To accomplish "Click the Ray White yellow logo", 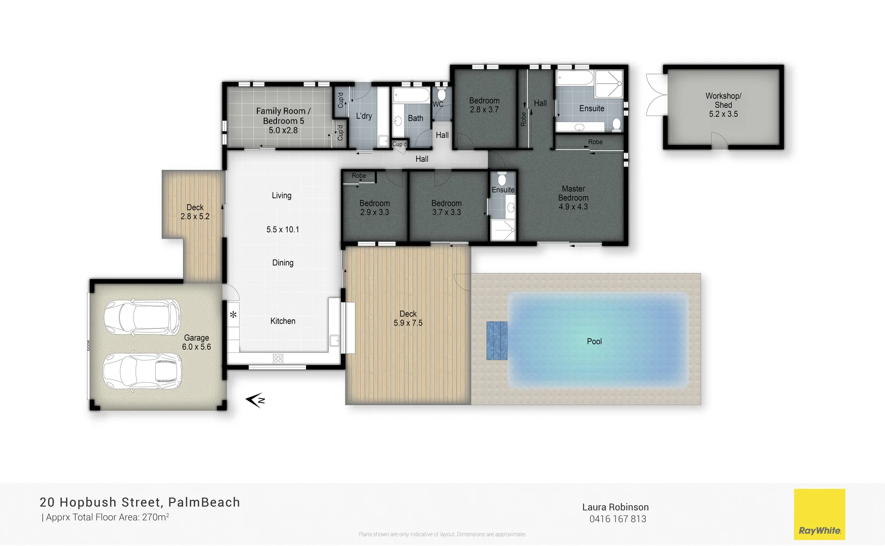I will coord(819,514).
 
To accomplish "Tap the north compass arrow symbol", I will coord(255,400).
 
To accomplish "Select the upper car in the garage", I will coord(142,317).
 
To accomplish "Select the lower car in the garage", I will coord(142,371).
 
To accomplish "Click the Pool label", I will coord(594,341).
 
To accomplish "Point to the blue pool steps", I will coord(497,340).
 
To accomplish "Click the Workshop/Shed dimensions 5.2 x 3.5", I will coord(723,114).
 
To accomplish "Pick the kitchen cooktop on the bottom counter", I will coord(278,358).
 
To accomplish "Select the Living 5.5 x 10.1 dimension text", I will coord(283,230).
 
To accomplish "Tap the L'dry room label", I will coord(364,116).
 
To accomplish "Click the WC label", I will coord(437,105).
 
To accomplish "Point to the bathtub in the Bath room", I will coord(411,95).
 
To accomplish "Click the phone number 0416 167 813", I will coord(617,519).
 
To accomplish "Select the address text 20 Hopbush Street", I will coord(101,502).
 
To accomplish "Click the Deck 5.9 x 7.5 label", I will coord(408,318).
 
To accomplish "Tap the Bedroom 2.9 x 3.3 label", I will coord(374,207).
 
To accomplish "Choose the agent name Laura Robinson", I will coord(615,507).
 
